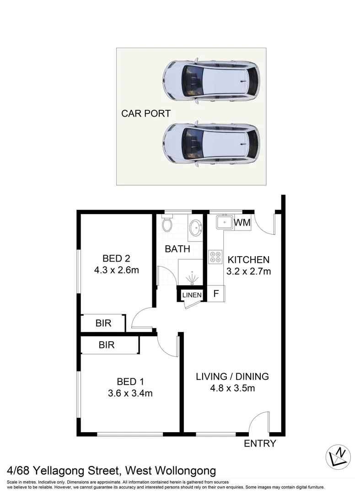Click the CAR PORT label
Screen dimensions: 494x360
(145, 113)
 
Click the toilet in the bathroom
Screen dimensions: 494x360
(167, 224)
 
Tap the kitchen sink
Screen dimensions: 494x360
(225, 223)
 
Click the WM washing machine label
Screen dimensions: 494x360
(242, 223)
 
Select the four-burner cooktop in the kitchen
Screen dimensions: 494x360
(215, 257)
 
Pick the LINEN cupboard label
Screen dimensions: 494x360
(192, 295)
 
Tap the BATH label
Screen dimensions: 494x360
(177, 249)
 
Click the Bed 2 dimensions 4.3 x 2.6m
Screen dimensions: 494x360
(116, 270)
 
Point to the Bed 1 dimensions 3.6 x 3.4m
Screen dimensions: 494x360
(130, 393)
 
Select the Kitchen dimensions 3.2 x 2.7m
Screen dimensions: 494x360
(249, 271)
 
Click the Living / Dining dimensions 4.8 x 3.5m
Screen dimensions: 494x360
(232, 388)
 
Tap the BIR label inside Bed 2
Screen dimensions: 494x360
(103, 323)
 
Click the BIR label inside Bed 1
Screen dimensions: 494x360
(107, 345)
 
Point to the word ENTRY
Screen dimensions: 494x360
(260, 443)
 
